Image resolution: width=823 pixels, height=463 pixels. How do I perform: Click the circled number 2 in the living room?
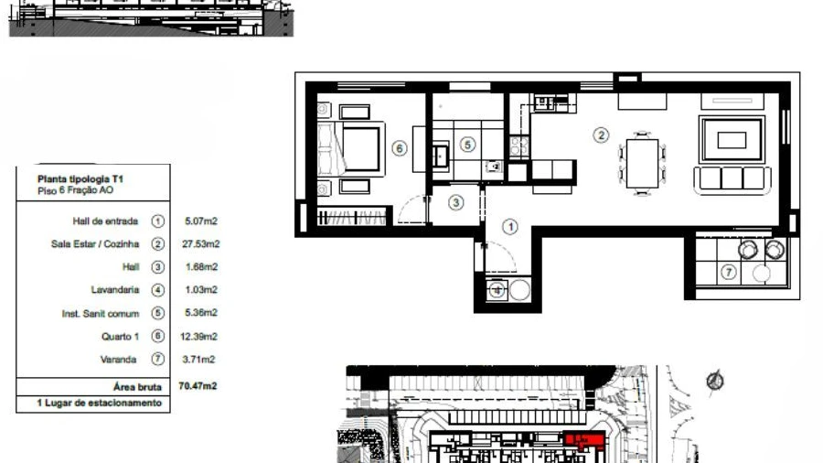tap(601, 135)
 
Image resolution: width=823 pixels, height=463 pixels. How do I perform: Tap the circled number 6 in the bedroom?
tap(400, 148)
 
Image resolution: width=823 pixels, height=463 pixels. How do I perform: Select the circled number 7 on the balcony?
tap(728, 272)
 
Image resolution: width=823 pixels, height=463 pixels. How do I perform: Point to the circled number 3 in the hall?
tap(455, 202)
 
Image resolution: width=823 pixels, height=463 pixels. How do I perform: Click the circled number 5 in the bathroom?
tap(467, 145)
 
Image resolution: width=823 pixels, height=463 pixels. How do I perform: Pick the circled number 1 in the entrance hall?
tap(510, 227)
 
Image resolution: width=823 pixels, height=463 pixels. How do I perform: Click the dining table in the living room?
tap(642, 163)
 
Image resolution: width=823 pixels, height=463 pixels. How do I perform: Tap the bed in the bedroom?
tap(351, 148)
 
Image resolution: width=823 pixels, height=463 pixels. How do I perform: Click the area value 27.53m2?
tap(201, 244)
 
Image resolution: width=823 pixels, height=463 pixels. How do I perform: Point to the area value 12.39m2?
tap(199, 337)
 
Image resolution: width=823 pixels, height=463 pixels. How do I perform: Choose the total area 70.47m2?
tap(198, 386)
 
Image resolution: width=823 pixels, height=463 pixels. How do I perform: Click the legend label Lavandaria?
tap(115, 290)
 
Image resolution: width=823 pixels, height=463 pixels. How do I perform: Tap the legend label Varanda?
tap(119, 360)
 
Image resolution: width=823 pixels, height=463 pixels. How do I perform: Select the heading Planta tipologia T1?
tap(80, 179)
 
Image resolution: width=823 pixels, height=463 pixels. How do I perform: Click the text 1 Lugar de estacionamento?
tap(99, 404)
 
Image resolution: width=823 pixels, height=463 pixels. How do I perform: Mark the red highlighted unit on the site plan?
tap(584, 439)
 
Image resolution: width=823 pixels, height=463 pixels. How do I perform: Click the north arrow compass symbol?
tap(715, 381)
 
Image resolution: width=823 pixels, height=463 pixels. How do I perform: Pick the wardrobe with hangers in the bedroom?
tap(352, 217)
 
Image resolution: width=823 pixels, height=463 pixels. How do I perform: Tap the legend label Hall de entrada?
tap(105, 221)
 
